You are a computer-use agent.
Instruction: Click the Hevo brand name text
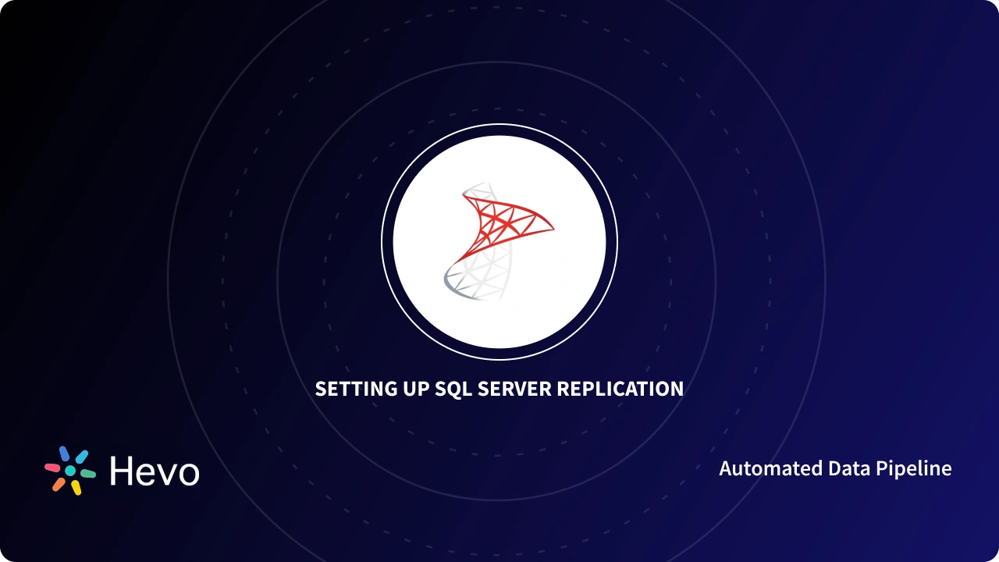coord(155,471)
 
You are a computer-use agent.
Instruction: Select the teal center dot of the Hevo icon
coord(70,471)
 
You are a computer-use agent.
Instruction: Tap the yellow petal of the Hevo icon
coord(76,488)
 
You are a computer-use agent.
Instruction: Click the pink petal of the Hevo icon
coord(52,468)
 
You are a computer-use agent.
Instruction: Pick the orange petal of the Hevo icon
coord(59,484)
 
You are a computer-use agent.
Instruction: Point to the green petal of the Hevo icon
coord(88,474)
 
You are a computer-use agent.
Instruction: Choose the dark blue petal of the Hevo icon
coord(64,454)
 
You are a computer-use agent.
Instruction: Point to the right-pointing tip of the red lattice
coord(553,229)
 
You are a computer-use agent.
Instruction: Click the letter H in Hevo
coord(122,471)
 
